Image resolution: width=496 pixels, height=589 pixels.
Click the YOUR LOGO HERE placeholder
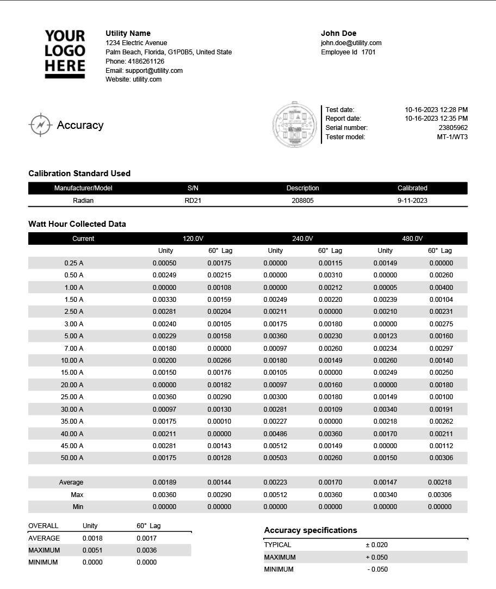point(65,54)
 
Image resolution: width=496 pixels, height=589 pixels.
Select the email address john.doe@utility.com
point(351,43)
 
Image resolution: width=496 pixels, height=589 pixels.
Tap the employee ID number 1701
point(368,52)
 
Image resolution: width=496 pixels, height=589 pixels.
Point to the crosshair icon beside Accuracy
point(40,125)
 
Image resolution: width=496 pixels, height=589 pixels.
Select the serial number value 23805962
point(452,128)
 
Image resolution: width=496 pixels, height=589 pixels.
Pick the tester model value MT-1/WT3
point(452,137)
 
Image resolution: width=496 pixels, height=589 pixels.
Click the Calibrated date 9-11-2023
point(412,201)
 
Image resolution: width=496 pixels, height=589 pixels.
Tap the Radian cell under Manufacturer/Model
point(83,201)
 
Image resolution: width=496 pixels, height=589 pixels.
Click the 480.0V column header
point(412,239)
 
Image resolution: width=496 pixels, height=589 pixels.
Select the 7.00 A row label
point(73,349)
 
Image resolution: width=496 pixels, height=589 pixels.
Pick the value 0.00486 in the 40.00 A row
point(275,434)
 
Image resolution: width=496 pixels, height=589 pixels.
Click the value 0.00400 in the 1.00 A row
point(441,288)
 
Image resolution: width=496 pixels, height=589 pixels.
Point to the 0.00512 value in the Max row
point(275,495)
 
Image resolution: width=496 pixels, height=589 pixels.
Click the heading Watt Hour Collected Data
point(77,224)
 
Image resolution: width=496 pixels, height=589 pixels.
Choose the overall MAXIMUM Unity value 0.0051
point(92,550)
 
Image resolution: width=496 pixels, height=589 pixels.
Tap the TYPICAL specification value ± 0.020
point(376,545)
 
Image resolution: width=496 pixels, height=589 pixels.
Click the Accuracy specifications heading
point(311,530)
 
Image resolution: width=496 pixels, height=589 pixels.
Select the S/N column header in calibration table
point(193,188)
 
